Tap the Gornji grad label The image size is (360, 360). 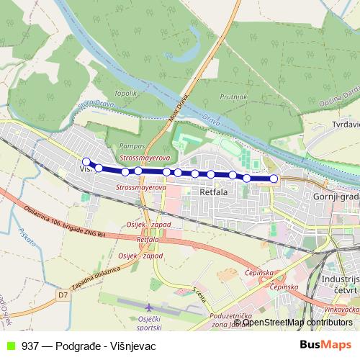pos(335,197)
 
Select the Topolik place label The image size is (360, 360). pos(125,94)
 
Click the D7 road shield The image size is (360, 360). pos(63,294)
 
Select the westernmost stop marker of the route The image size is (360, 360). pos(86,162)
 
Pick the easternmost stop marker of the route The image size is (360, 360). pos(274,178)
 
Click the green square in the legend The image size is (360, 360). pos(9,346)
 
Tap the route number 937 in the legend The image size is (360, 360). pos(30,346)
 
